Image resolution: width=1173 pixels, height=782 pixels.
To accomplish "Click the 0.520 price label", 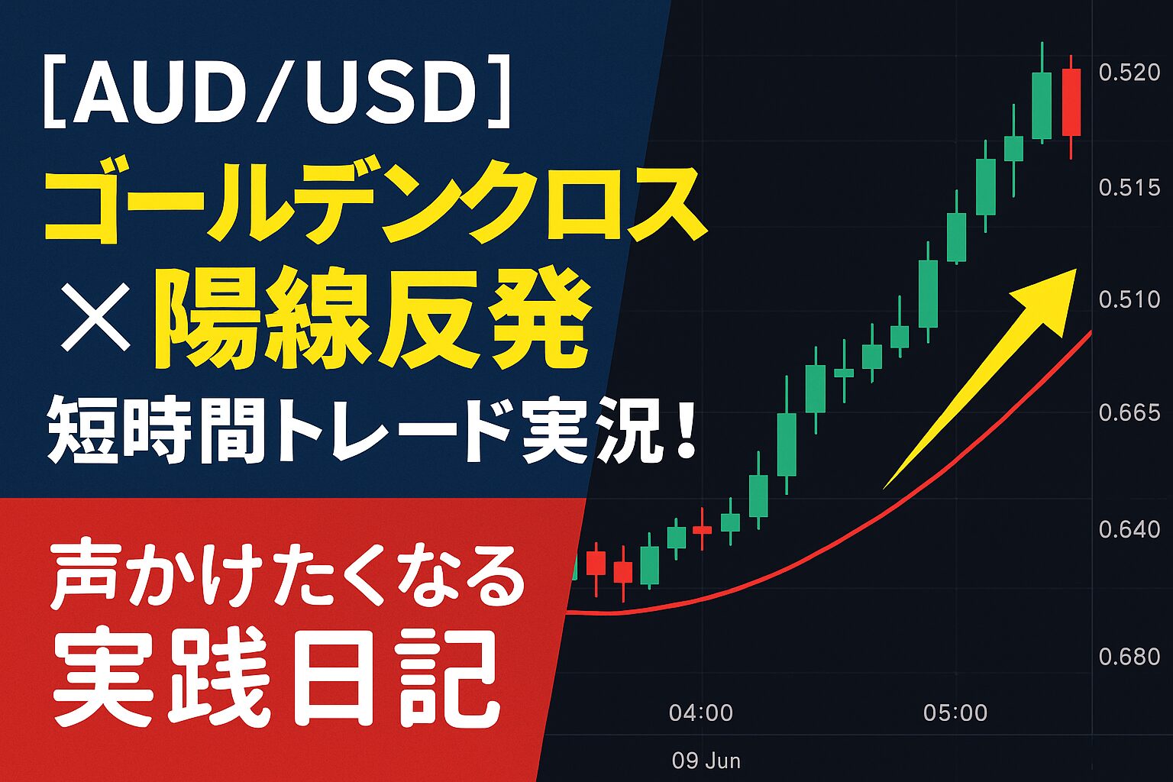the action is [x=1129, y=73].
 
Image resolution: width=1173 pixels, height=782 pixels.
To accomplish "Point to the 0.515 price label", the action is [x=1129, y=188].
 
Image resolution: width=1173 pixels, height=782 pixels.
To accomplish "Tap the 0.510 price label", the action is [x=1129, y=299].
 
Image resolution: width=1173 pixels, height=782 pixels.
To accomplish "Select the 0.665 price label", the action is [x=1129, y=412].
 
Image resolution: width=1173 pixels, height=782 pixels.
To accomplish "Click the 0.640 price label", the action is [x=1129, y=529].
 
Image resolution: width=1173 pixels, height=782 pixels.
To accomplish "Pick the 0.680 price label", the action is [x=1129, y=656].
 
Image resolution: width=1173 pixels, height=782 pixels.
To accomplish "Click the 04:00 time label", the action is [x=700, y=713].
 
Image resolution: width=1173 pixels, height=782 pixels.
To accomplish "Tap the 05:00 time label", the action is [x=955, y=713].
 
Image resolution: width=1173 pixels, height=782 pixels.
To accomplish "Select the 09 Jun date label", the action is [x=706, y=761].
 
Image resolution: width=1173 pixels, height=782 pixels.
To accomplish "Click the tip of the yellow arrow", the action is [x=1075, y=270].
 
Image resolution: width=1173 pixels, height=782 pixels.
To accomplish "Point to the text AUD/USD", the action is [x=276, y=94].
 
